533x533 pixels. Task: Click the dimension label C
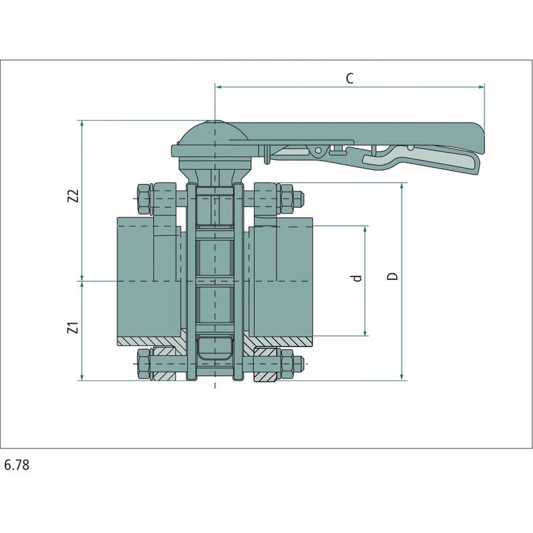tap(349, 78)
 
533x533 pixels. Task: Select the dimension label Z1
tap(74, 328)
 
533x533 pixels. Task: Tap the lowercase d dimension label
tap(358, 277)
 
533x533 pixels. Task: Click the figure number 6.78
tap(17, 465)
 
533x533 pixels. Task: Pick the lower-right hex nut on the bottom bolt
tap(287, 364)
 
